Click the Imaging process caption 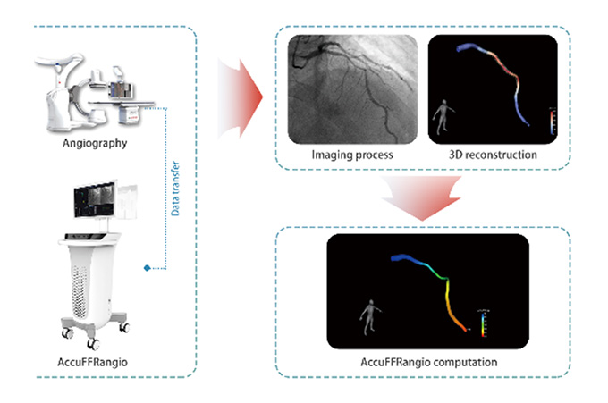click(351, 155)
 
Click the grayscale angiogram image click(351, 90)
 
